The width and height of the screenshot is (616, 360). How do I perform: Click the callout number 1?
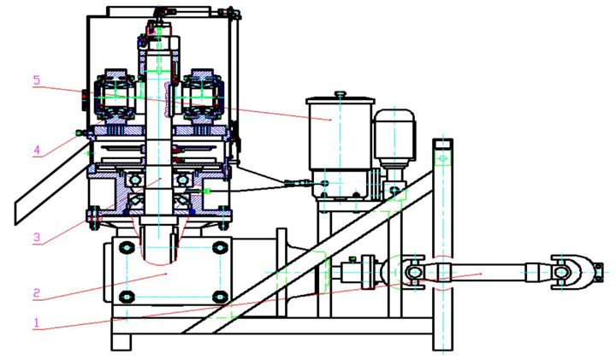point(37,322)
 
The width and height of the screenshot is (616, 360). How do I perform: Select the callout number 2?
point(37,292)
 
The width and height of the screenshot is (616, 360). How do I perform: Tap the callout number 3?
point(37,237)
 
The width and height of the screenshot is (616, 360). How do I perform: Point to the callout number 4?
point(37,150)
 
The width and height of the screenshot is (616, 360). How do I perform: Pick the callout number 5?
point(37,80)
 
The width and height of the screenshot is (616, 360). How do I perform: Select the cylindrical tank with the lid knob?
point(340,133)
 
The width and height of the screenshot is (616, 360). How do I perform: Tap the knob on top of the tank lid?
point(341,93)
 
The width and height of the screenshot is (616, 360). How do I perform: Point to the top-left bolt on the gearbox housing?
point(127,248)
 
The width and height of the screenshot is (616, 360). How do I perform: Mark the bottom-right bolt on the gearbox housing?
point(220,297)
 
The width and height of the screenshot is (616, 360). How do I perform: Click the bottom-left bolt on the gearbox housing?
point(127,297)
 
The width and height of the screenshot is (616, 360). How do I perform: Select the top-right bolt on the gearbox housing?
point(220,248)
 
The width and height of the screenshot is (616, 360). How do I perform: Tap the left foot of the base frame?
point(121,342)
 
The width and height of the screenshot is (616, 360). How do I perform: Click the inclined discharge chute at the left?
point(51,185)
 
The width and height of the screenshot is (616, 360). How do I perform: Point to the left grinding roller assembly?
point(115,95)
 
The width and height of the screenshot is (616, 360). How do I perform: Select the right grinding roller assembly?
point(202,95)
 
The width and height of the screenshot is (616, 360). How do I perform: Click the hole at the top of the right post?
point(443,158)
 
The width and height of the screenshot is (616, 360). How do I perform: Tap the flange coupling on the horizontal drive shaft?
point(369,272)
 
